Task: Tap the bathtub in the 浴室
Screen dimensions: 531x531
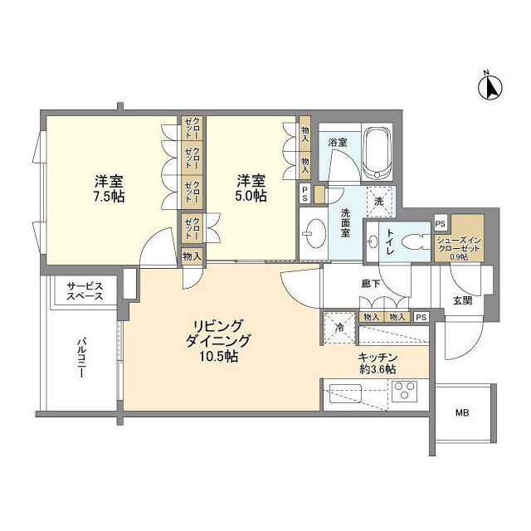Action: click(x=378, y=153)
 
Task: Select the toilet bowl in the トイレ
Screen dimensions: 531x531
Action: click(x=415, y=242)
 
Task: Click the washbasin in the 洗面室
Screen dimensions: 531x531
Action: click(x=314, y=233)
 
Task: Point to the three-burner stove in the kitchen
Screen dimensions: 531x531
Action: click(x=404, y=392)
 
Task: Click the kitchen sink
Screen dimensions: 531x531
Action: click(x=345, y=393)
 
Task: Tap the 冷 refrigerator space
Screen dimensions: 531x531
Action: click(x=339, y=328)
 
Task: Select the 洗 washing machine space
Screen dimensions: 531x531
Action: click(x=379, y=202)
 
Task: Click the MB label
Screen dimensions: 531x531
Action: click(x=462, y=413)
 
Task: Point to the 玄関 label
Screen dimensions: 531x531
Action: click(x=463, y=300)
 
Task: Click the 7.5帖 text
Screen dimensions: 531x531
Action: click(x=109, y=196)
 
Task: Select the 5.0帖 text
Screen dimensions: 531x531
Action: click(x=251, y=196)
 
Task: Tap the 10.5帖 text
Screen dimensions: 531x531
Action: click(x=218, y=356)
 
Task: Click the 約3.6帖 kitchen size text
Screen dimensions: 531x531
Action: click(x=378, y=369)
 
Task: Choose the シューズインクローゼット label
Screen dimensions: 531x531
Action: click(x=459, y=245)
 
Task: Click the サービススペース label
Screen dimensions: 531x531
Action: click(x=85, y=291)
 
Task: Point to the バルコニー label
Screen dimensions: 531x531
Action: click(x=81, y=358)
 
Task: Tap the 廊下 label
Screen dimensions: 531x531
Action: click(x=371, y=284)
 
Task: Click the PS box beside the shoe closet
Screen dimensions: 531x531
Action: click(x=441, y=223)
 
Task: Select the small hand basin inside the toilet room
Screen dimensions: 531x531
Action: click(x=373, y=242)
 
